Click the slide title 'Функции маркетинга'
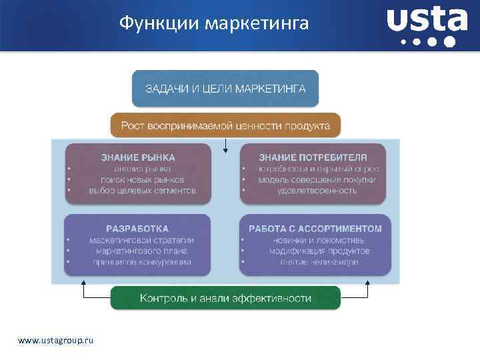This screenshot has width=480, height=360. click(214, 24)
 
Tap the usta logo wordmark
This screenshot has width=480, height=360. click(427, 20)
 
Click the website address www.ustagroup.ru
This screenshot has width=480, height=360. click(56, 341)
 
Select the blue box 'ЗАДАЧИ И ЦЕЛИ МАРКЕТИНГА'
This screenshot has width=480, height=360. click(225, 89)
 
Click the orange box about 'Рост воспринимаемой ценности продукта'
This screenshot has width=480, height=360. click(225, 125)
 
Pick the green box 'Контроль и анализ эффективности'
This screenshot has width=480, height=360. click(225, 298)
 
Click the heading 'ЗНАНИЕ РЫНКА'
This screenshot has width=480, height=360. click(138, 158)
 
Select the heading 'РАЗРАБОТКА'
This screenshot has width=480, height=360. click(138, 229)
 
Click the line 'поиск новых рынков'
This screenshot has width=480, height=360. click(142, 180)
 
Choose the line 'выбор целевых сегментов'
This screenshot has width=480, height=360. click(142, 191)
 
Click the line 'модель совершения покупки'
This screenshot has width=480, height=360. click(317, 180)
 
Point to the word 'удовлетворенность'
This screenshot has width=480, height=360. click(317, 191)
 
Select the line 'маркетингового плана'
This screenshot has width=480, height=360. click(141, 251)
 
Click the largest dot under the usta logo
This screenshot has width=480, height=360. click(449, 42)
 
